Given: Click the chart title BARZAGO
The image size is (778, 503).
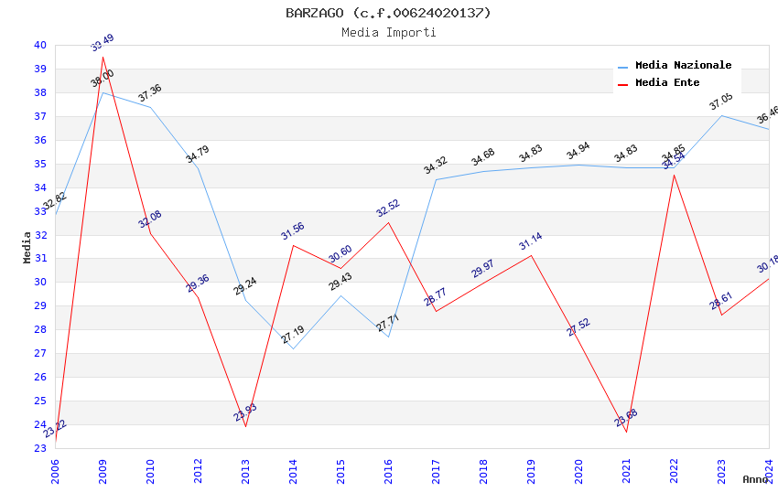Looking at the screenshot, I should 388,13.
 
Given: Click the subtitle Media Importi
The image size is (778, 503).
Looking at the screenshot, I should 388,32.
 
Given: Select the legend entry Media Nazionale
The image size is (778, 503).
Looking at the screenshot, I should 683,66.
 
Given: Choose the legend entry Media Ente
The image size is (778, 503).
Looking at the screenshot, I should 667,83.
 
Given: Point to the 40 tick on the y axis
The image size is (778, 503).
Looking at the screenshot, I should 40,45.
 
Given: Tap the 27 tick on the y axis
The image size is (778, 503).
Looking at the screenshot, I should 40,353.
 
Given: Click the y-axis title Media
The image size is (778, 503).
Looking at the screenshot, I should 27,247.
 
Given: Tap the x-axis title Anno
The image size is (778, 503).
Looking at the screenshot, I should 755,479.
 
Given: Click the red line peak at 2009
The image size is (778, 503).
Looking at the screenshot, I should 103,57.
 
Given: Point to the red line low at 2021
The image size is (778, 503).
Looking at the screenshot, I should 626,432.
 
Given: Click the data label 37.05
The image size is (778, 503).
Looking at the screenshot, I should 721,102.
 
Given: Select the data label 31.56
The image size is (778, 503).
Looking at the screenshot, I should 293,230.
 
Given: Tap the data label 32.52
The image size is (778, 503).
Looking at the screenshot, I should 388,208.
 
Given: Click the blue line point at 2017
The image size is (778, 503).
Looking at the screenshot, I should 436,179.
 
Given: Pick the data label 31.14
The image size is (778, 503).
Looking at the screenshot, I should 531,241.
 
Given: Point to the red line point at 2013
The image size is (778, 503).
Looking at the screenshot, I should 245,426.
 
